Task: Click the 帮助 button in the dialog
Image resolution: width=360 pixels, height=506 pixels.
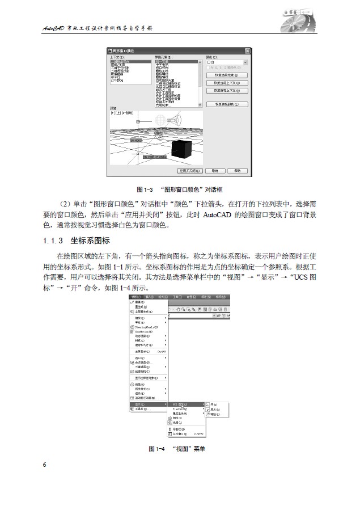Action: click(238, 170)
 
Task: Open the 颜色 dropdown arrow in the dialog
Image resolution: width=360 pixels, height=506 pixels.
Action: click(245, 63)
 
